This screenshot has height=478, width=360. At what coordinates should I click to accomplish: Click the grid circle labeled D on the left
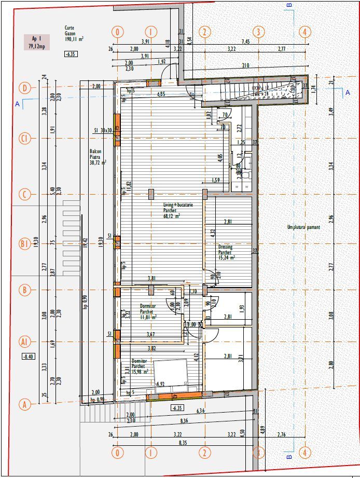point(24,87)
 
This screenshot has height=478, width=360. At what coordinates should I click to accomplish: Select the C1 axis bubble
point(24,139)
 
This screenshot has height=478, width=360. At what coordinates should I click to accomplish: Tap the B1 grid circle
point(24,243)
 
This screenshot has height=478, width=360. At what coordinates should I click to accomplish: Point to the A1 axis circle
point(24,341)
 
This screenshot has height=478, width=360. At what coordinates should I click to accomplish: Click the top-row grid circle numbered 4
point(305,32)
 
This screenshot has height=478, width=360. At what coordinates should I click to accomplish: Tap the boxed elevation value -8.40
point(27,357)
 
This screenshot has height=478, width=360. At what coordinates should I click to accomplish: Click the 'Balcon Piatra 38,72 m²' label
point(98,155)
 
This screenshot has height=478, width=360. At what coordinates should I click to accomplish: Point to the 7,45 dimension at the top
point(245,42)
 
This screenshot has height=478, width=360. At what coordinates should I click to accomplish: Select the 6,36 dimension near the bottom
point(200,411)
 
